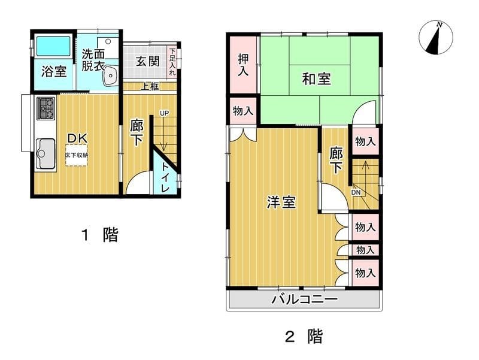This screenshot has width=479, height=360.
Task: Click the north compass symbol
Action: click(436, 38)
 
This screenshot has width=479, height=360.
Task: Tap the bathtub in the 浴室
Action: click(53, 46)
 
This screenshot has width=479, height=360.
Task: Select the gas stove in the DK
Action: click(46, 108)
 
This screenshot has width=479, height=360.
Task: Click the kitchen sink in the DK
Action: click(46, 154)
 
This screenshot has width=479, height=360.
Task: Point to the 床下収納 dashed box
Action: click(77, 155)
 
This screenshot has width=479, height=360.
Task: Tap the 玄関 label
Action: click(148, 61)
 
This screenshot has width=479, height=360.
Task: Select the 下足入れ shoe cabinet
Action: click(172, 62)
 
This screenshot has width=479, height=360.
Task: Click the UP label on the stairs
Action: click(164, 113)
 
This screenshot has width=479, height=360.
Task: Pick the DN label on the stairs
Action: click(356, 192)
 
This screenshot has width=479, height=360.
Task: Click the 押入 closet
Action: click(243, 65)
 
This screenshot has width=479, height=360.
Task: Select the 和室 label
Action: click(317, 79)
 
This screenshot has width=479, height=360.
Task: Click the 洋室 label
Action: click(281, 202)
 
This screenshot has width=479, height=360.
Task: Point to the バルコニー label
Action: click(305, 298)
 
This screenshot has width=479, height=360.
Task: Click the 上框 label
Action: click(150, 86)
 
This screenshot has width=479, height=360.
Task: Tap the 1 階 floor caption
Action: click(99, 235)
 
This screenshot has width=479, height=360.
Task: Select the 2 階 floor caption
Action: click(304, 336)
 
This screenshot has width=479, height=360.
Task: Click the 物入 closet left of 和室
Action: click(243, 111)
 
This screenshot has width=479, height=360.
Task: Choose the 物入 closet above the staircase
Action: click(365, 141)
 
